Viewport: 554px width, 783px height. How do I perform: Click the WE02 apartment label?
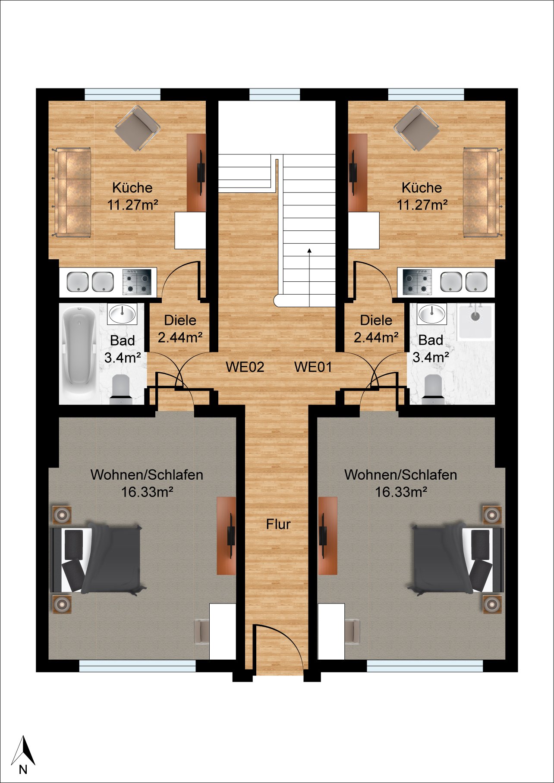(245, 367)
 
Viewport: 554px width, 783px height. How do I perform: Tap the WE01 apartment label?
(313, 367)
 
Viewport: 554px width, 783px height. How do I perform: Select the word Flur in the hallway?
(278, 524)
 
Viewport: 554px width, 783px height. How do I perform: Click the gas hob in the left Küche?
(138, 282)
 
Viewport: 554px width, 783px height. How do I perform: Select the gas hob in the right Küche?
(417, 282)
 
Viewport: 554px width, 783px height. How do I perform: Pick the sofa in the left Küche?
(73, 192)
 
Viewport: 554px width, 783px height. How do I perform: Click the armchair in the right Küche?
(417, 128)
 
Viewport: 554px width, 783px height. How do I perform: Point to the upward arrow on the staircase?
(309, 277)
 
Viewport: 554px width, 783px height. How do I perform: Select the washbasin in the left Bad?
(123, 314)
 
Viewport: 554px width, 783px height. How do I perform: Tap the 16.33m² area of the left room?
(147, 492)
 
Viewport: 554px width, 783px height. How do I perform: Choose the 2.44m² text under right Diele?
(376, 337)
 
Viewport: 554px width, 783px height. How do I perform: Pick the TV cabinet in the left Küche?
(196, 173)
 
